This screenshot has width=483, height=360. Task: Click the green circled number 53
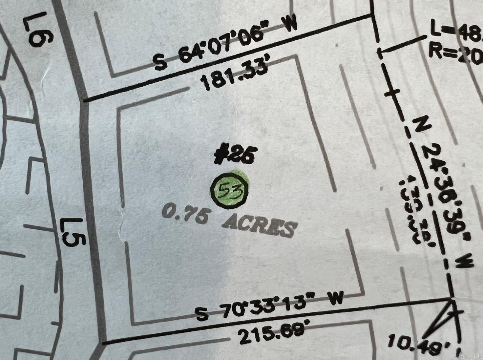click(230, 190)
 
